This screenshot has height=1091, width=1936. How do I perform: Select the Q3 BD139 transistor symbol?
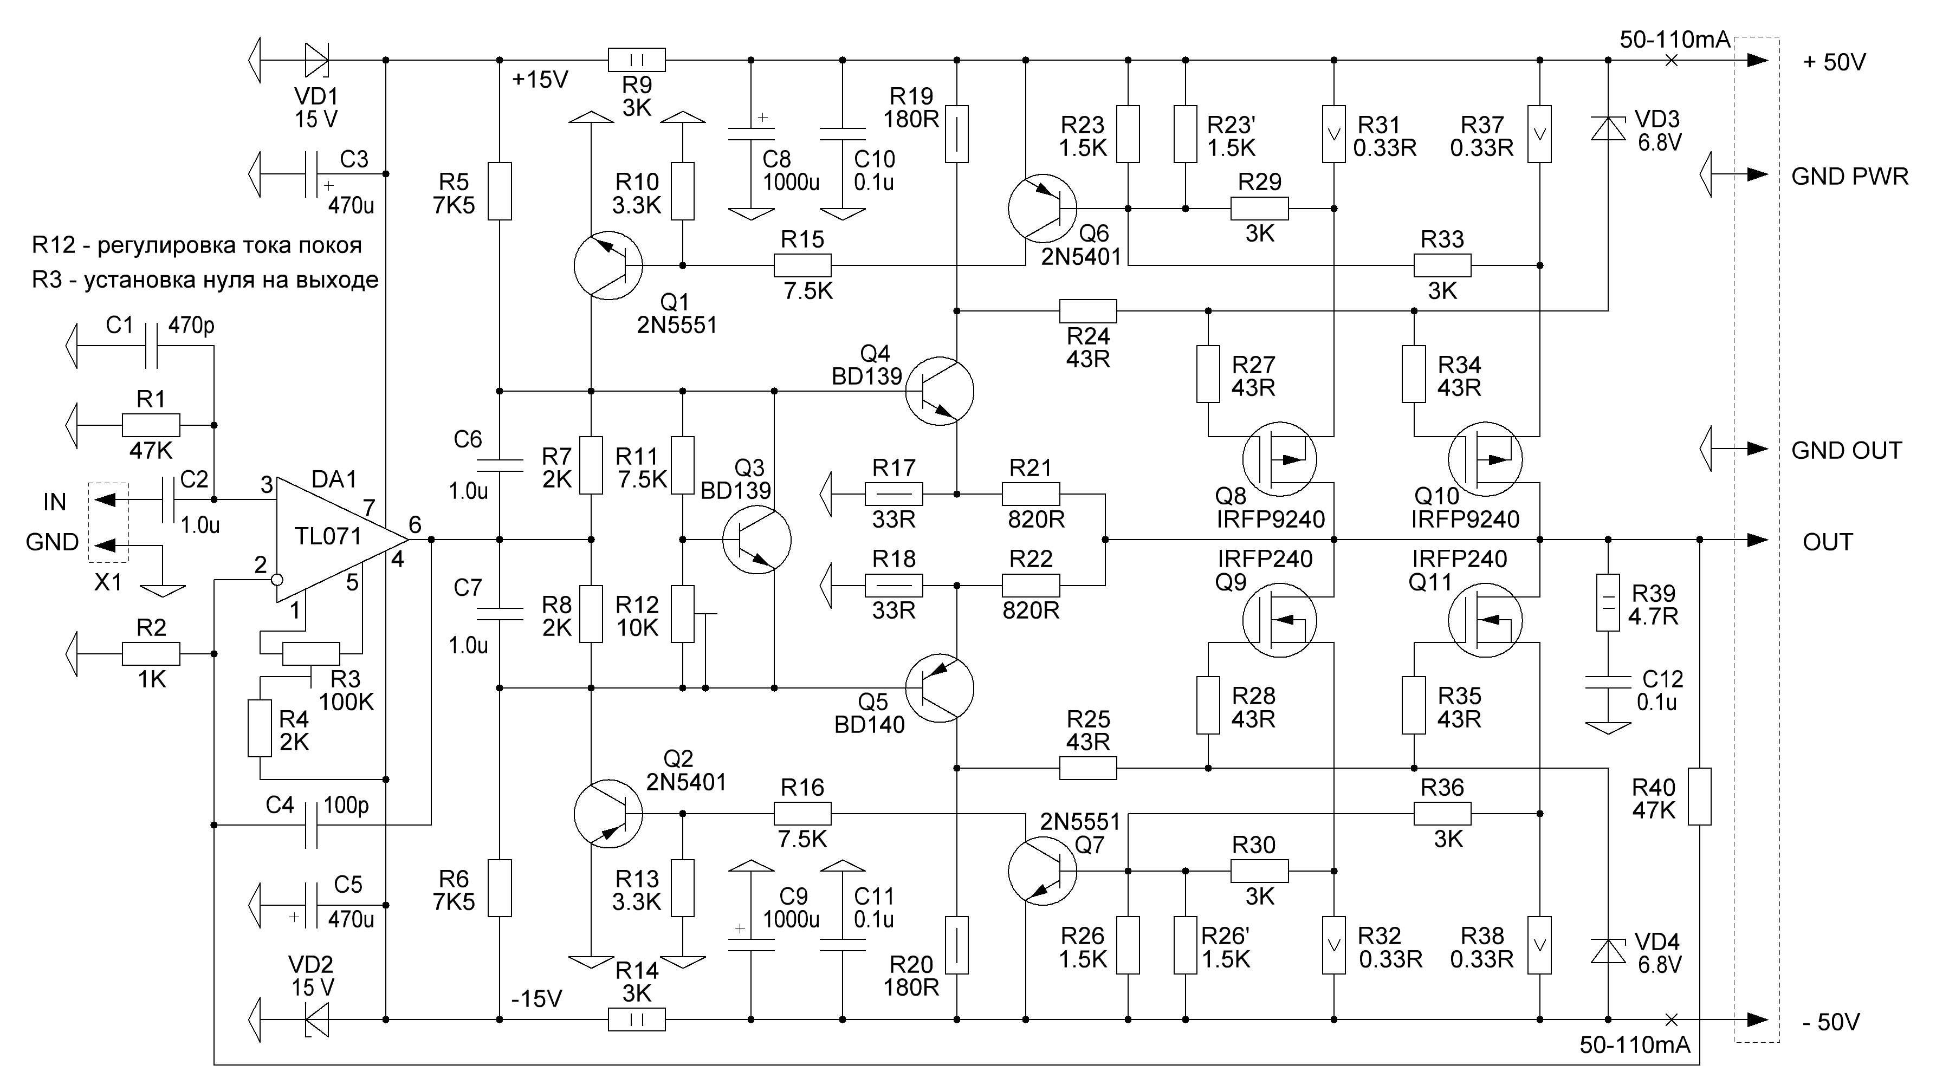(756, 540)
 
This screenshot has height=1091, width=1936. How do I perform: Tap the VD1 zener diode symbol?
(316, 60)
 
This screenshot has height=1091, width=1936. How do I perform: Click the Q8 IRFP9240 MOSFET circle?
(1279, 459)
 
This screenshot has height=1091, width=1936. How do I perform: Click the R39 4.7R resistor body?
(1608, 602)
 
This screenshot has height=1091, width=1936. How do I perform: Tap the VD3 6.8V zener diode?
(1608, 129)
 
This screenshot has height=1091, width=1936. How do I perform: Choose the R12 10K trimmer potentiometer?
(682, 615)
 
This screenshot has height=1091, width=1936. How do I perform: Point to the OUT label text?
(1827, 542)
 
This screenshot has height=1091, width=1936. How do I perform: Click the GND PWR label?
(1849, 177)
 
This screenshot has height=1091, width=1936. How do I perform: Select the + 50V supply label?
(1834, 62)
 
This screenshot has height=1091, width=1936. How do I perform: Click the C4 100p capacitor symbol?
(311, 825)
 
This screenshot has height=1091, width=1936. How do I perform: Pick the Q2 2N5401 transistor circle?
(607, 814)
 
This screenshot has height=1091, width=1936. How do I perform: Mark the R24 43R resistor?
(1087, 311)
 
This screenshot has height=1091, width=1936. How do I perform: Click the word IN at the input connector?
(54, 502)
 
